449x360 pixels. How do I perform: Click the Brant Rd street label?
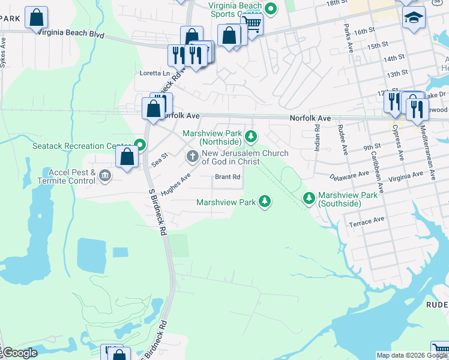pos(228,177)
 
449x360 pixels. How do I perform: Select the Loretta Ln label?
pos(154,73)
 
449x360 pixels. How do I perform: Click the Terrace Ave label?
pos(366,220)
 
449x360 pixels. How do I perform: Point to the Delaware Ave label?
pos(349,176)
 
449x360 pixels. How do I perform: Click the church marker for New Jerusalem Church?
pos(193,157)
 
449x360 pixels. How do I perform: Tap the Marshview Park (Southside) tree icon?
pos(309,197)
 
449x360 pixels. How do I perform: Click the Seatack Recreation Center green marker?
pos(140,145)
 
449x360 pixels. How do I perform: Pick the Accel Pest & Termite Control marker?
pos(105,176)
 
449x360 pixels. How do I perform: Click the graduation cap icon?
pos(414,19)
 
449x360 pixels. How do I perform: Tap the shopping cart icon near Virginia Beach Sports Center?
pos(252,25)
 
